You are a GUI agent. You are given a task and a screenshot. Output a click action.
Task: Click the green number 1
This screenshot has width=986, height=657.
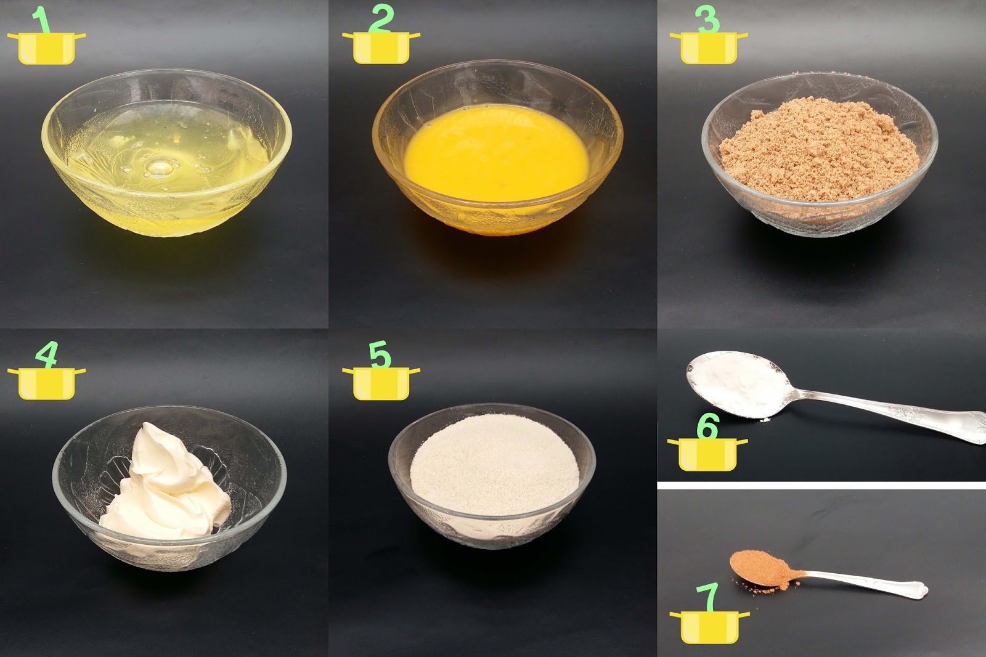(41, 20)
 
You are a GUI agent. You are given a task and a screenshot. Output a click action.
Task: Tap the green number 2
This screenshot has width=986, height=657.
(381, 19)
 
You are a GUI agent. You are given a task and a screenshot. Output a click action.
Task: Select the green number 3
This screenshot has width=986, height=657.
(707, 19)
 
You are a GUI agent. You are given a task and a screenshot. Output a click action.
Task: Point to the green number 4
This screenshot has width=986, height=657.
(47, 355)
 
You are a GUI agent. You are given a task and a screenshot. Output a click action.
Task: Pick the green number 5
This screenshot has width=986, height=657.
(380, 354)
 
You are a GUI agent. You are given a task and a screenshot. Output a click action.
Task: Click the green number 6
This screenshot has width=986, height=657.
(708, 426)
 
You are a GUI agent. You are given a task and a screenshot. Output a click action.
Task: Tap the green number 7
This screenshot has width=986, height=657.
(707, 597)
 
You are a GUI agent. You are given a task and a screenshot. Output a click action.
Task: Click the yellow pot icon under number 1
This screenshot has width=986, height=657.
(46, 48)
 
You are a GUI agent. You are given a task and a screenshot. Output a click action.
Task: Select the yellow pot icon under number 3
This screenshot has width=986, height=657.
(709, 48)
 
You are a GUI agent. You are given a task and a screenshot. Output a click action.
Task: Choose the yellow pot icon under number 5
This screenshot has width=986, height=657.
(381, 383)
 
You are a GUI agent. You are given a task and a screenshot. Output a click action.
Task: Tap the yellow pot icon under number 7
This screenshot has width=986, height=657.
(709, 627)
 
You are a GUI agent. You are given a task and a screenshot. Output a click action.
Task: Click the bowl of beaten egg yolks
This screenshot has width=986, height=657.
(498, 147)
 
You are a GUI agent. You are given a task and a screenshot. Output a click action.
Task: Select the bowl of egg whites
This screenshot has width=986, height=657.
(167, 152)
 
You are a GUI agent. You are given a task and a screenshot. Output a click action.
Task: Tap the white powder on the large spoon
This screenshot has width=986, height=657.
(739, 382)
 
